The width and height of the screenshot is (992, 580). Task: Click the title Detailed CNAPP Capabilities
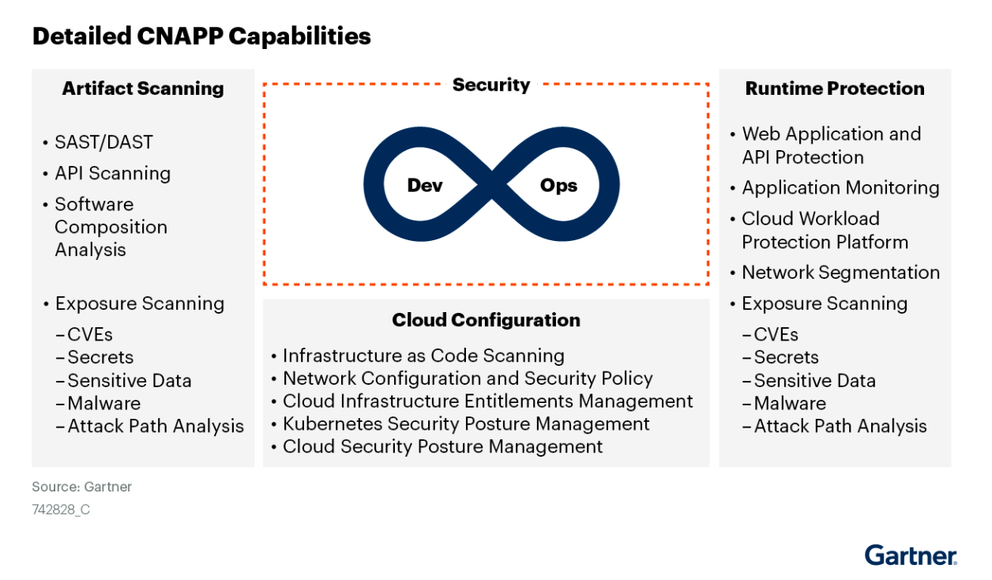tap(201, 36)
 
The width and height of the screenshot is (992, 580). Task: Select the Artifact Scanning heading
tap(143, 89)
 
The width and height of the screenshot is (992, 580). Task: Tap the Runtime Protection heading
tap(835, 89)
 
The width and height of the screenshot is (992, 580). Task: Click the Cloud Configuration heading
tap(486, 320)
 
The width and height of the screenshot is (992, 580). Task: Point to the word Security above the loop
tap(490, 85)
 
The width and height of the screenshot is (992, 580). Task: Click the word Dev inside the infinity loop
tap(425, 186)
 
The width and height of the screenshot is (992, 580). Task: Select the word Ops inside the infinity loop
tap(558, 186)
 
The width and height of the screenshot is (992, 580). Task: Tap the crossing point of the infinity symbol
tap(492, 186)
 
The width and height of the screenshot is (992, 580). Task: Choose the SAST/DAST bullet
tap(103, 143)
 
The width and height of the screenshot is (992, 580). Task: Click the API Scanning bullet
tap(112, 174)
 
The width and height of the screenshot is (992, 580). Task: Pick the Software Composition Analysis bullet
tap(111, 228)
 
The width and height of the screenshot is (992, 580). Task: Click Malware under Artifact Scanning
tap(103, 404)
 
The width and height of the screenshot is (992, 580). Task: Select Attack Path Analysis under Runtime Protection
tap(840, 427)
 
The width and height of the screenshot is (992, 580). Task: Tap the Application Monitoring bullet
tap(840, 188)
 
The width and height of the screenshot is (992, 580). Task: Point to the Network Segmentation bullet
tap(840, 273)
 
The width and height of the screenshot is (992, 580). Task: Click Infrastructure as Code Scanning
tap(423, 356)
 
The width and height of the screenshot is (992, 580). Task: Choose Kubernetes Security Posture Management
tap(466, 424)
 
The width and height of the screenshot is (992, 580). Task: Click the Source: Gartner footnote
tap(81, 487)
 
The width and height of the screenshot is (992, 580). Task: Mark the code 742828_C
tap(61, 510)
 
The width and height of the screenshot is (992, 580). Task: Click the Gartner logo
tap(911, 555)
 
